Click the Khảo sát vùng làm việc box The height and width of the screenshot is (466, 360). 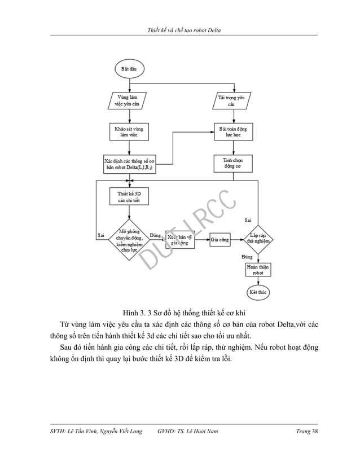click(x=129, y=133)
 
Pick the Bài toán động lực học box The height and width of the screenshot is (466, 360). click(x=230, y=133)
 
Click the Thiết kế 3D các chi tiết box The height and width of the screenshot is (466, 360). click(x=129, y=197)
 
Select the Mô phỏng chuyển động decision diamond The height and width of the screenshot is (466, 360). click(x=129, y=239)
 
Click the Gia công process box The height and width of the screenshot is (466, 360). click(x=220, y=240)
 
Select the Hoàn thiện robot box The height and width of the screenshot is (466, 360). click(x=258, y=269)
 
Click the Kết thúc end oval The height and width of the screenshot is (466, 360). click(x=258, y=292)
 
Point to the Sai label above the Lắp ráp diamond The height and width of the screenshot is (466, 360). click(x=248, y=219)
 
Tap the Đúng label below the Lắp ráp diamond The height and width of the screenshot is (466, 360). click(x=247, y=257)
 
